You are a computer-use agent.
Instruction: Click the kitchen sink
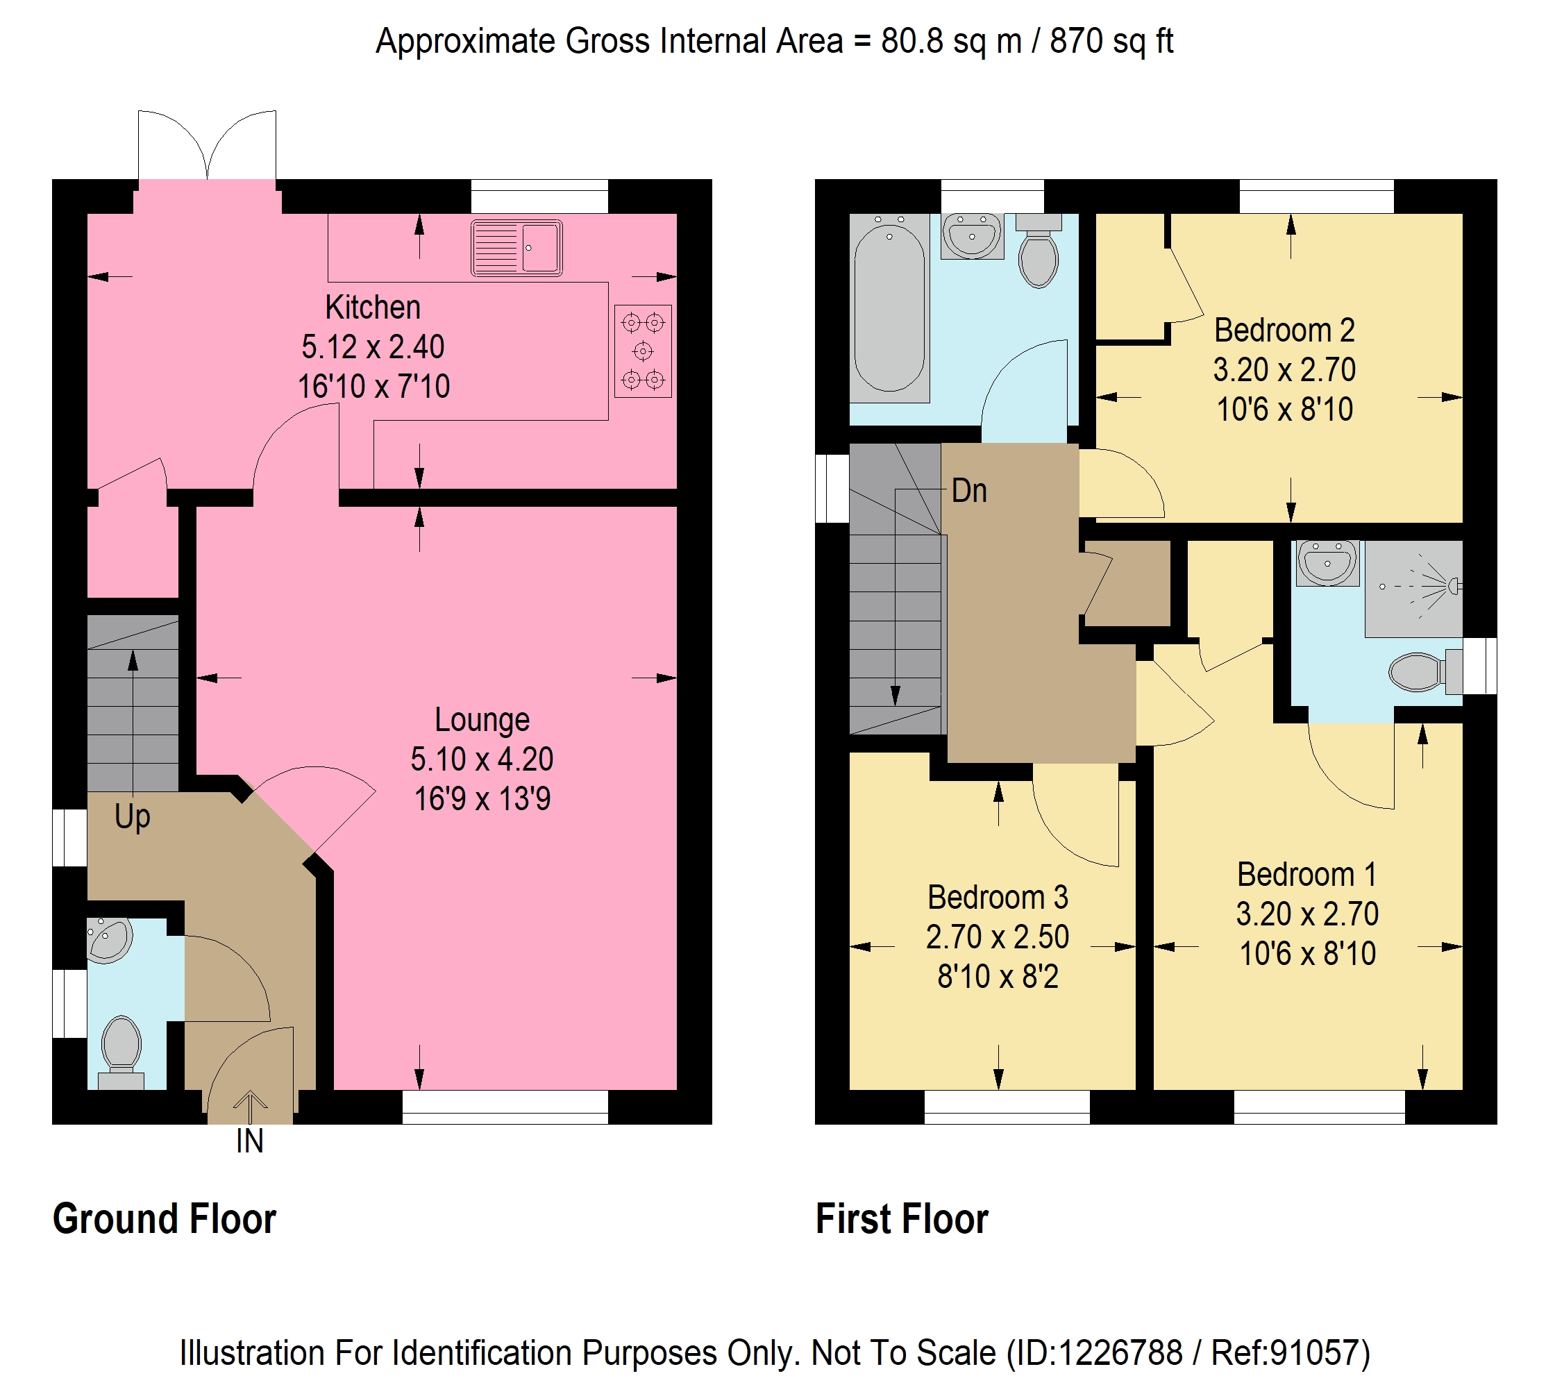(x=516, y=248)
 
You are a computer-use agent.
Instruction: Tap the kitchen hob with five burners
(x=643, y=351)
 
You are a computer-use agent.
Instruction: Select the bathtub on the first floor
(x=889, y=308)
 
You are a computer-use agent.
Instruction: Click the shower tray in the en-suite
(x=1413, y=588)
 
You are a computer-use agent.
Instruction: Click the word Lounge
(x=482, y=720)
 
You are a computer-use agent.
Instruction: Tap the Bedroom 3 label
(x=998, y=897)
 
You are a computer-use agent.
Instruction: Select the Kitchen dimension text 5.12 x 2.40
(x=373, y=347)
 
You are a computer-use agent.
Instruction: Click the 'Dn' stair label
(x=969, y=491)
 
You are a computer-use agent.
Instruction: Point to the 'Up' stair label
(x=133, y=817)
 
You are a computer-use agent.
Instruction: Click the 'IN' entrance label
(x=249, y=1141)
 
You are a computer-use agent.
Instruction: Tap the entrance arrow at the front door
(x=249, y=1108)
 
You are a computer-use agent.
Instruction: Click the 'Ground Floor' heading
(x=165, y=1219)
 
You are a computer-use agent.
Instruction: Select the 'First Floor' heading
(x=902, y=1219)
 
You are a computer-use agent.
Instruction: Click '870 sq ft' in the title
(x=1111, y=41)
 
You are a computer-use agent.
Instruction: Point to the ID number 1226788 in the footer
(x=1120, y=1353)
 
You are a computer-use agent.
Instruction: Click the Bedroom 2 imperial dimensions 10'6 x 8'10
(x=1284, y=410)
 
